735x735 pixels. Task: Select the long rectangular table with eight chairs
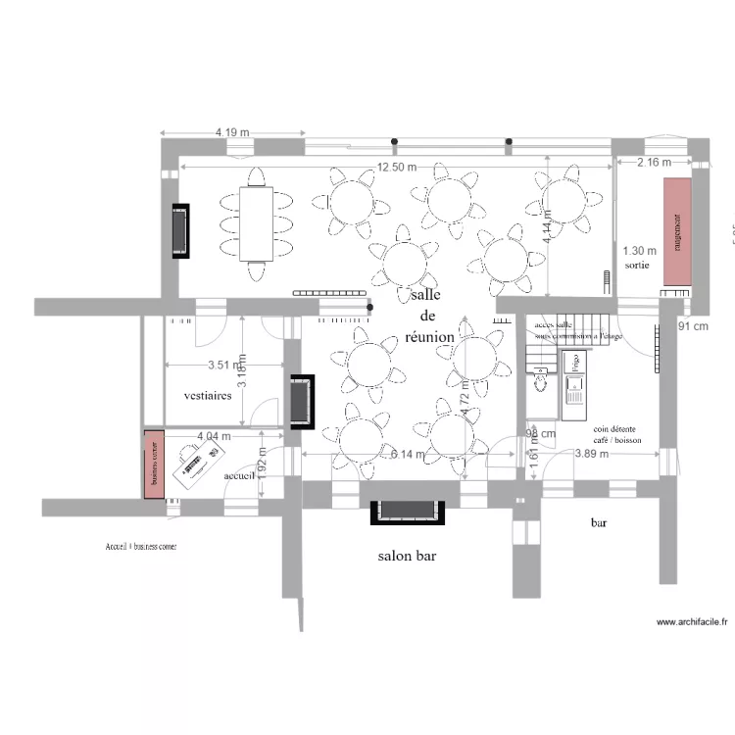258,223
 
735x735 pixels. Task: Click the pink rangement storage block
676,232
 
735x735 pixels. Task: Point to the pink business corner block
154,464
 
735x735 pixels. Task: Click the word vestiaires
208,396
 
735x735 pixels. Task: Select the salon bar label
407,556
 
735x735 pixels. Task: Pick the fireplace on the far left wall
181,230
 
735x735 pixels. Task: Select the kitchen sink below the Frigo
575,393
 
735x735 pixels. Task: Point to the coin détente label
614,429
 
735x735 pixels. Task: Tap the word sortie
636,266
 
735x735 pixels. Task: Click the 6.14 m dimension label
409,455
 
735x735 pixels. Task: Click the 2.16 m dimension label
654,162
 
